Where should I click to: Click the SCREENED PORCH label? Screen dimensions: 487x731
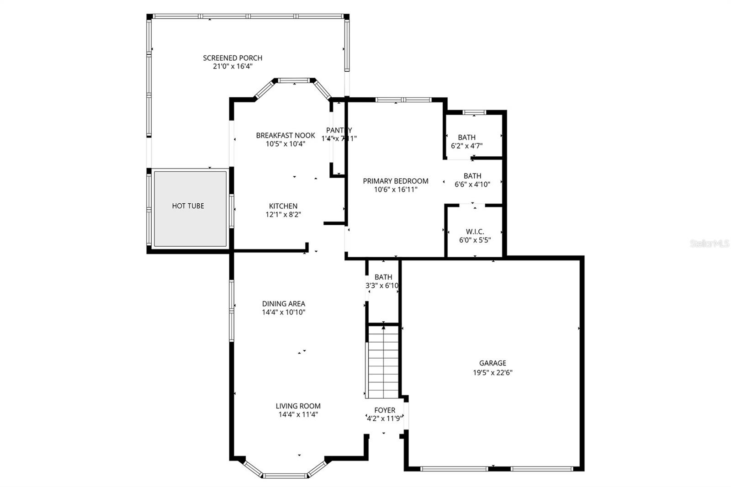click(x=233, y=58)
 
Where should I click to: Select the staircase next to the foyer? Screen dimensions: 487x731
click(x=383, y=363)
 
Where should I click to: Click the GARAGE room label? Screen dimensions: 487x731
click(x=493, y=363)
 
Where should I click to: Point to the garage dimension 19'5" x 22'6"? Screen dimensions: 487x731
click(x=493, y=372)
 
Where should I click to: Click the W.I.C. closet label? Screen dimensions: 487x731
click(x=475, y=232)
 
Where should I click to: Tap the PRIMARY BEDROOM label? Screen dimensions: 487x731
click(x=395, y=181)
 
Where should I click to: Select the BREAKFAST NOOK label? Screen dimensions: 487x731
click(x=285, y=135)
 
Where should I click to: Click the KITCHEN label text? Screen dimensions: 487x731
click(x=283, y=206)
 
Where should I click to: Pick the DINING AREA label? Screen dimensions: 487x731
click(x=283, y=304)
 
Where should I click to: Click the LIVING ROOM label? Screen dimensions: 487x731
click(x=298, y=406)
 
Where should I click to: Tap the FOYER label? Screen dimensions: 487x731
click(x=385, y=410)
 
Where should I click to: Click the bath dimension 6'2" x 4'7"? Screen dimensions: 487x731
click(x=466, y=146)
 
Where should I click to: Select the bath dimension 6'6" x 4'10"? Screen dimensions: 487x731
click(x=472, y=185)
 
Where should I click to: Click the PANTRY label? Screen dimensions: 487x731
click(x=339, y=130)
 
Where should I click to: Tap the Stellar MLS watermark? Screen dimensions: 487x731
click(x=709, y=244)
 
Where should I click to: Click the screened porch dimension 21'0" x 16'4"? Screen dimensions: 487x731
click(x=233, y=67)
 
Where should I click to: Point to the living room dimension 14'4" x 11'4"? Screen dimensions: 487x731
click(x=298, y=415)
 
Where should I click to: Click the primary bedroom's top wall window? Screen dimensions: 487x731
click(x=403, y=100)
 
